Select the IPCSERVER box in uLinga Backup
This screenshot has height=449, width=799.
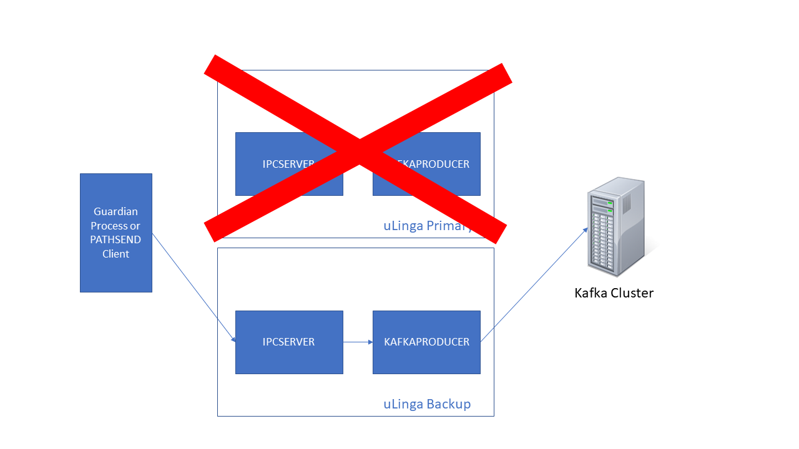(x=289, y=342)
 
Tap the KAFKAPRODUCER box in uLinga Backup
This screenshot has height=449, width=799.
(x=426, y=342)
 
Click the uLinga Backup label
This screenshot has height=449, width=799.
(x=427, y=404)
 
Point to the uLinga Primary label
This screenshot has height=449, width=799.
(x=424, y=226)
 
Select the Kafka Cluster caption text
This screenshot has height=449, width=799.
(x=614, y=293)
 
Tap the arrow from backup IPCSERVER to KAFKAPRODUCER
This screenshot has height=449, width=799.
(x=358, y=342)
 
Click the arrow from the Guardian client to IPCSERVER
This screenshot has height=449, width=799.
(x=194, y=287)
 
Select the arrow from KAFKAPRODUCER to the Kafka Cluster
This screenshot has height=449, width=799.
(x=534, y=284)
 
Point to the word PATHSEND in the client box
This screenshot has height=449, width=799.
(x=116, y=240)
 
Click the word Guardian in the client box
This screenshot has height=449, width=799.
(x=116, y=212)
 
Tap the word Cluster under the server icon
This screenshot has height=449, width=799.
(x=632, y=293)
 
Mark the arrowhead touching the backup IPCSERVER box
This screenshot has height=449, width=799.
(x=233, y=340)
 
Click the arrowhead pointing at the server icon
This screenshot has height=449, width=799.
(x=586, y=229)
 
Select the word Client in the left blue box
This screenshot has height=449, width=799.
(x=116, y=254)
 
